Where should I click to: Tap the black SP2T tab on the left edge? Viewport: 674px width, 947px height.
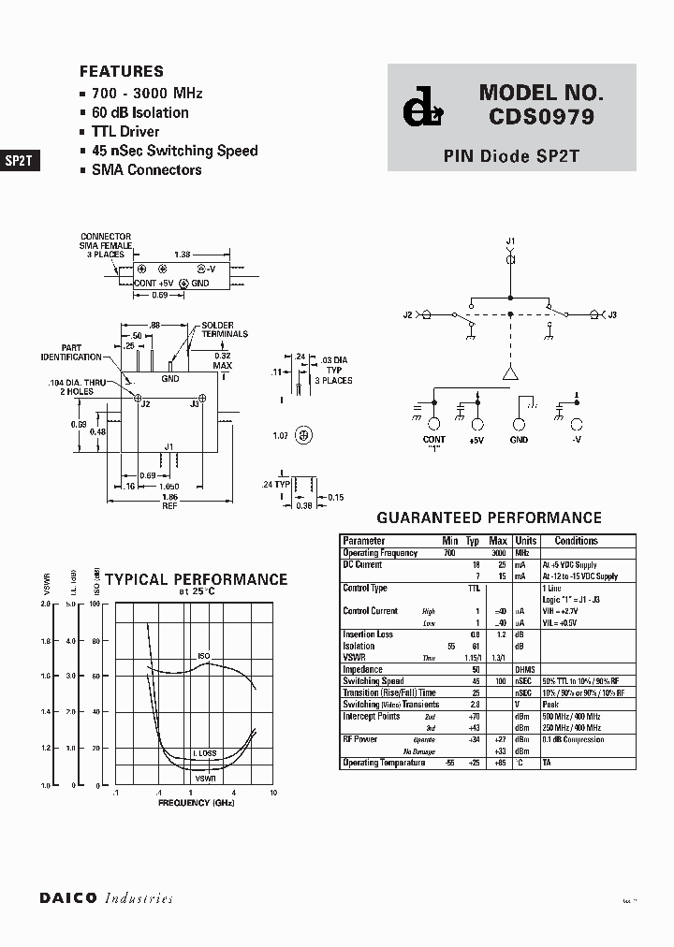20,160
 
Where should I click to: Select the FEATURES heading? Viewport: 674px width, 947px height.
122,71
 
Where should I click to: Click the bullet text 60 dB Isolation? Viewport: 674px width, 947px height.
139,112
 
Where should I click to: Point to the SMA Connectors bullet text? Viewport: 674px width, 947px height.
146,169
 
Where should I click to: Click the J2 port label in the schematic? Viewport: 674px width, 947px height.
408,315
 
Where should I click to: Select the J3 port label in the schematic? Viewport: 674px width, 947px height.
612,315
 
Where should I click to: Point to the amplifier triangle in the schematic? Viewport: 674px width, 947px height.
510,372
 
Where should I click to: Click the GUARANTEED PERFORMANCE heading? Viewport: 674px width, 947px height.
489,517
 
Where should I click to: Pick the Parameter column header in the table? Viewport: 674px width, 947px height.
364,541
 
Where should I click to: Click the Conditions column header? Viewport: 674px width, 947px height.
576,541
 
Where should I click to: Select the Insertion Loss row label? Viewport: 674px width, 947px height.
368,634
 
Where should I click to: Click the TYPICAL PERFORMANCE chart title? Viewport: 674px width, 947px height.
196,579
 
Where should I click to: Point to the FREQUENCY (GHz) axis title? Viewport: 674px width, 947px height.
196,803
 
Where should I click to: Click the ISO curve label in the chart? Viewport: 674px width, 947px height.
204,656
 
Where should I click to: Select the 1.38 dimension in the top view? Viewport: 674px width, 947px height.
184,254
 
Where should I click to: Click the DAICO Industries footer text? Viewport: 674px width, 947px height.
106,897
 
